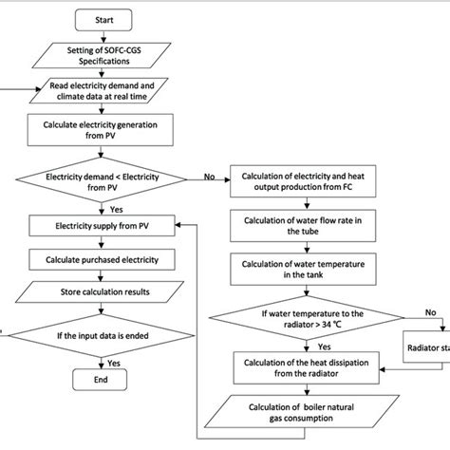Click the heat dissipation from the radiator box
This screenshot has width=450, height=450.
pos(302,363)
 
